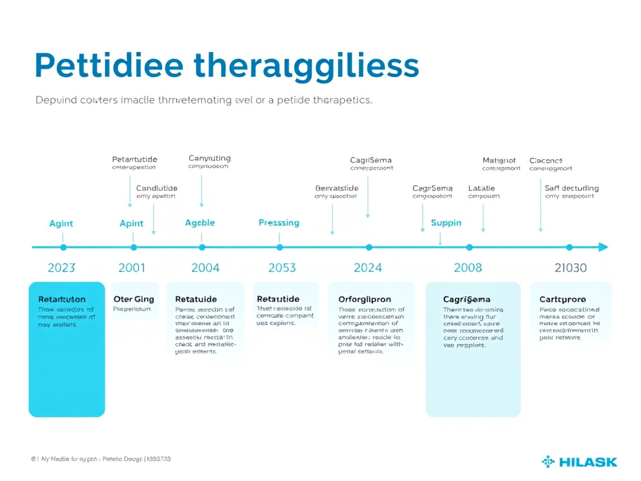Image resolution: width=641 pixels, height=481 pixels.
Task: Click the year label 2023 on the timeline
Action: click(x=61, y=268)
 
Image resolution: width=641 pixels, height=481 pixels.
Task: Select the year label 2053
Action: click(x=282, y=268)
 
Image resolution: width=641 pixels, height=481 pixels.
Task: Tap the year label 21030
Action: click(x=571, y=268)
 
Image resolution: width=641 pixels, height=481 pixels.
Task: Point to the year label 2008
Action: click(x=468, y=268)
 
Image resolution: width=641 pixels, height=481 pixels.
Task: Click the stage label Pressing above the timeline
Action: click(x=279, y=223)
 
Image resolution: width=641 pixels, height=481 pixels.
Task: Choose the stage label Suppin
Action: click(x=446, y=223)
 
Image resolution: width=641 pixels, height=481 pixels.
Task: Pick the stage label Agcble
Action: click(x=200, y=223)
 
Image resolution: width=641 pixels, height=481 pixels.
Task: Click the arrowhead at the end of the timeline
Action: click(x=603, y=247)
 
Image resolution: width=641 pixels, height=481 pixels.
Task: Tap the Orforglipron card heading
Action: click(x=364, y=299)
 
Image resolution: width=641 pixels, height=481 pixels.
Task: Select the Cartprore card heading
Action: click(x=563, y=299)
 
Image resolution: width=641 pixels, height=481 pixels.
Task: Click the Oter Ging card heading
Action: click(x=133, y=299)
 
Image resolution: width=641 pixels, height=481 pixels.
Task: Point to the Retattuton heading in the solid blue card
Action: click(x=62, y=299)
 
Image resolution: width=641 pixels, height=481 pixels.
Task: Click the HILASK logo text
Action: click(x=588, y=462)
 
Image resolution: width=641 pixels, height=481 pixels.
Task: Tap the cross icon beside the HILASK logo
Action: click(x=548, y=462)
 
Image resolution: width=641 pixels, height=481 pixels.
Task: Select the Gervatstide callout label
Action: click(x=337, y=188)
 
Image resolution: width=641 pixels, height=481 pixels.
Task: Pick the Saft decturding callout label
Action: click(x=572, y=188)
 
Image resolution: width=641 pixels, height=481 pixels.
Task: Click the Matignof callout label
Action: click(x=499, y=160)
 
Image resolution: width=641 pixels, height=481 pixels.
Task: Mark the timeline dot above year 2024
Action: click(x=369, y=247)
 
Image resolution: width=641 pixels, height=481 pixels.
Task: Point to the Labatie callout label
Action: click(x=481, y=188)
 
